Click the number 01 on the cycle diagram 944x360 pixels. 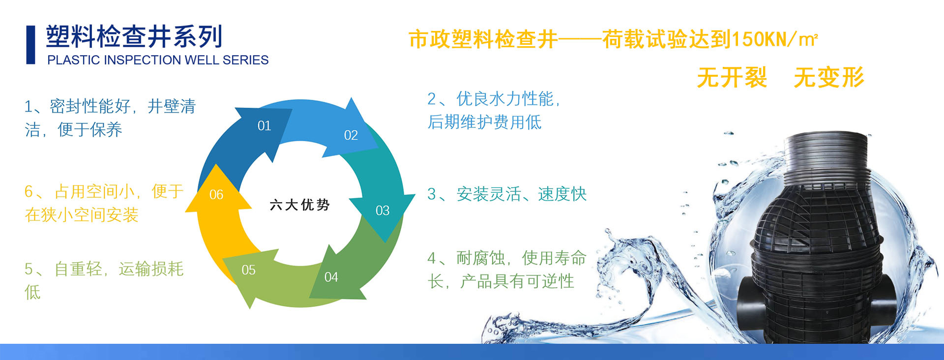[264, 126]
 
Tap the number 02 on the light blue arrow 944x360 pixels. [351, 135]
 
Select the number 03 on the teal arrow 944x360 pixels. [382, 210]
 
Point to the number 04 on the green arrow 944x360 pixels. [331, 277]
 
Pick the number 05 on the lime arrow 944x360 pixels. [248, 270]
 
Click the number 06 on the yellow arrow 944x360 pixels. [216, 195]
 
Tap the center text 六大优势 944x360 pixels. [299, 205]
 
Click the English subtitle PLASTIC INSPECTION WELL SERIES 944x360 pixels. [158, 60]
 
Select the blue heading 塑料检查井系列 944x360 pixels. [134, 36]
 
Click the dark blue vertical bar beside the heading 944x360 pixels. [30, 45]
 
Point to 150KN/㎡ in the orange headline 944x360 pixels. [775, 39]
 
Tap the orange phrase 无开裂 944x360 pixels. [732, 77]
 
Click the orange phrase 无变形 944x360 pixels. [829, 77]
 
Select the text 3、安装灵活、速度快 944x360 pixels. [507, 194]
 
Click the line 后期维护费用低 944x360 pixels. [484, 121]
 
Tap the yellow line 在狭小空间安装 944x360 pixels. [82, 214]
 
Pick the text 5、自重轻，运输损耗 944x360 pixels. [104, 269]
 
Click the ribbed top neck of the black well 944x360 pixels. [826, 157]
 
